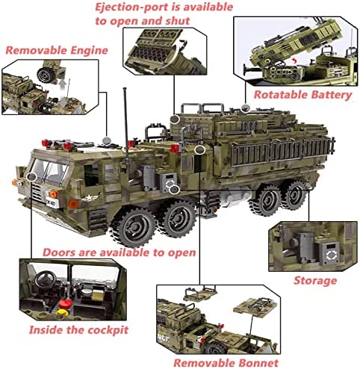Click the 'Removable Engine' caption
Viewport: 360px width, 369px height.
[57, 50]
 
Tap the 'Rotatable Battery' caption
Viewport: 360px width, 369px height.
[302, 95]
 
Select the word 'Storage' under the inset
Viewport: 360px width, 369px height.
[315, 281]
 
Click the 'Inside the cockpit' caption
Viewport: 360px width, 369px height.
[78, 330]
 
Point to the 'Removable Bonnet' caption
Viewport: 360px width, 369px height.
[226, 363]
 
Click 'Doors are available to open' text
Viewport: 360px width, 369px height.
[120, 252]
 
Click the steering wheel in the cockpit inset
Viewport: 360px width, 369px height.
[46, 278]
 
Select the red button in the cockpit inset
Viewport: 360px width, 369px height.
[66, 304]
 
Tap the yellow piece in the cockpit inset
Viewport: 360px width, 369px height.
[62, 312]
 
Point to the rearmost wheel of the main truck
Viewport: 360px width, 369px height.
[296, 195]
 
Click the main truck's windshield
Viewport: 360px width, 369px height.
[51, 170]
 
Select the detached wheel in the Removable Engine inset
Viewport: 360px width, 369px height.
[46, 75]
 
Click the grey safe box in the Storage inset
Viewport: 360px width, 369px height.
[329, 253]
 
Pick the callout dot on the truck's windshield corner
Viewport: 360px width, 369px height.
[31, 177]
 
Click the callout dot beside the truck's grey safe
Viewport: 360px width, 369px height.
[174, 190]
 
